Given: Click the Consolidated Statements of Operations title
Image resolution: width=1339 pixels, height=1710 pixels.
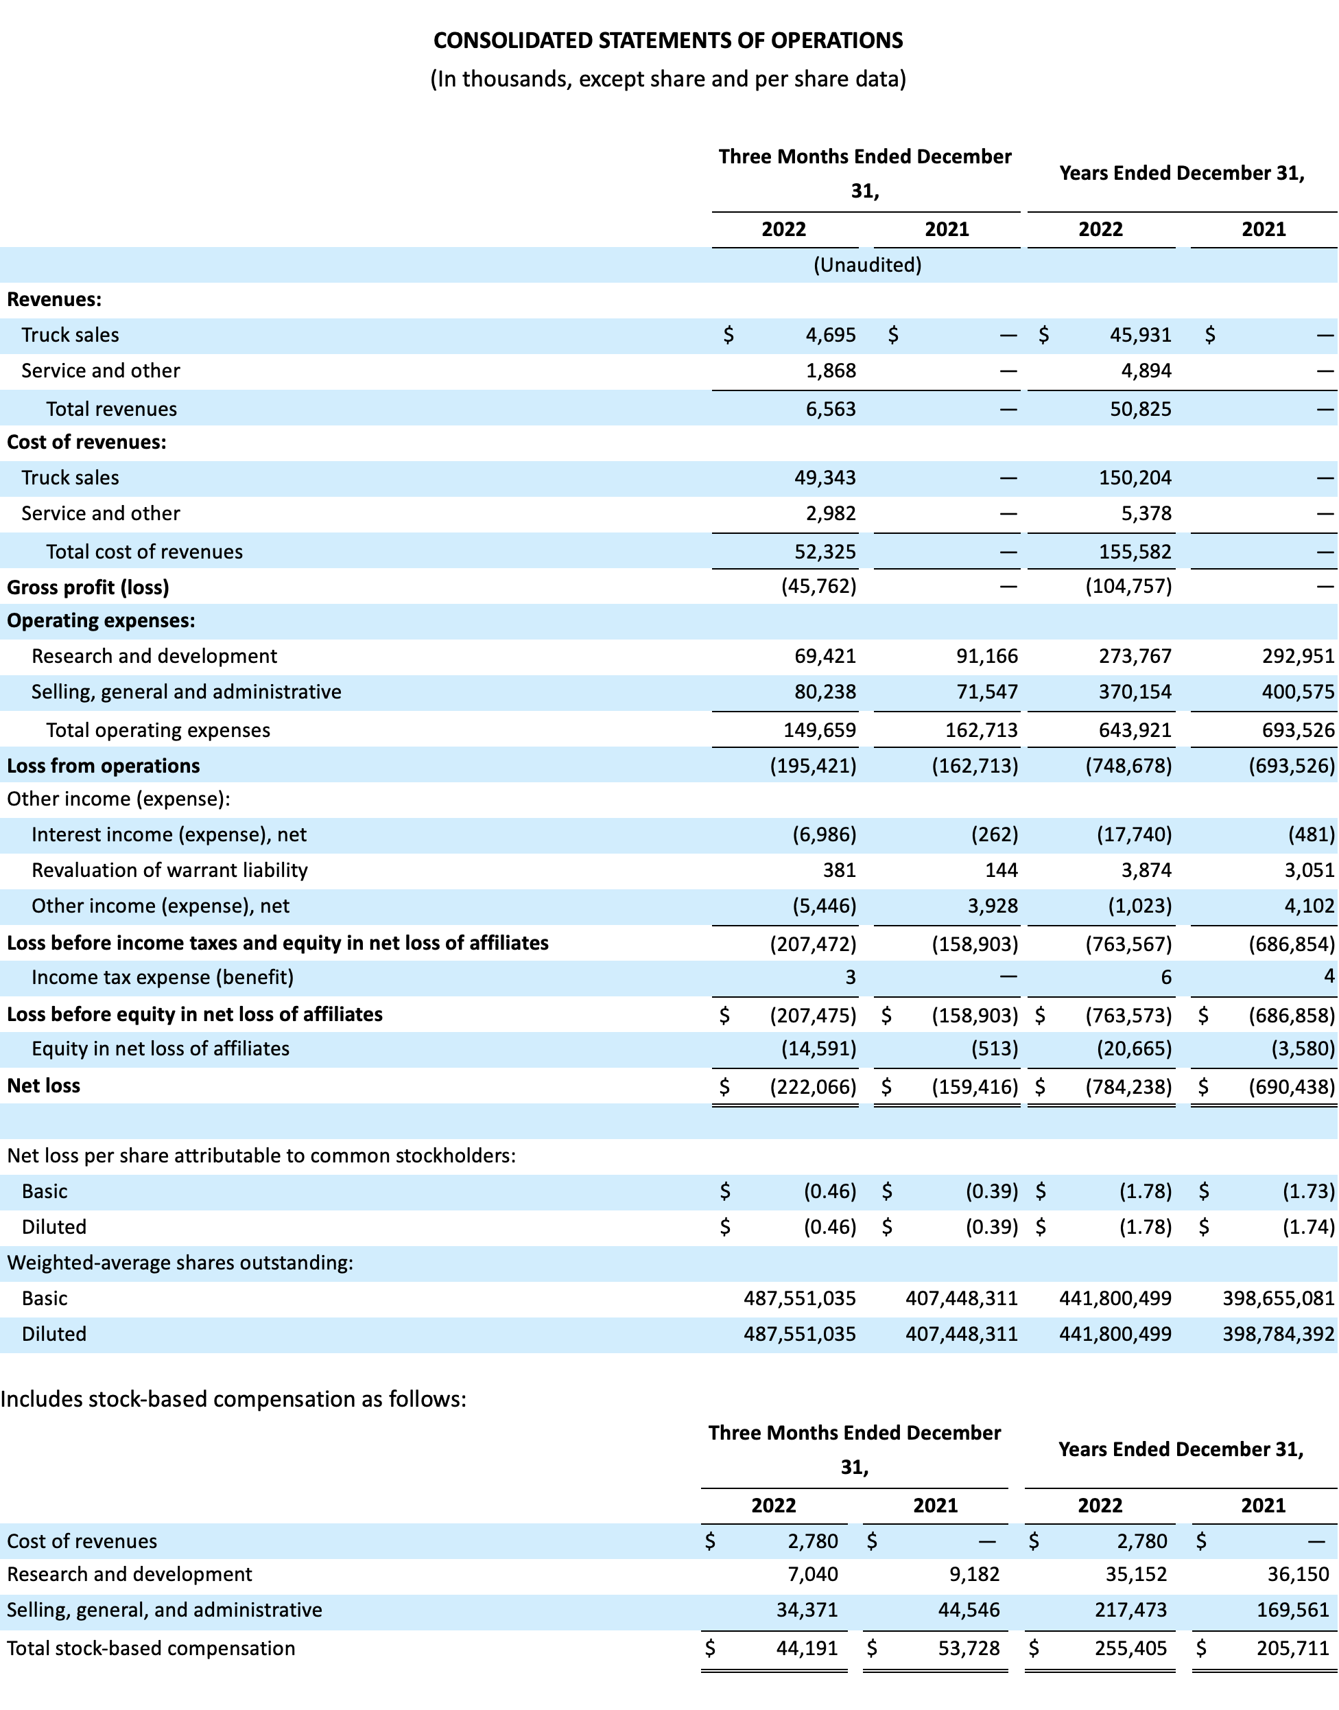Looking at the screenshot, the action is coord(668,40).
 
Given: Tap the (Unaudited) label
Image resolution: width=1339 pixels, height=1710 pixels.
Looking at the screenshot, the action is coord(867,265).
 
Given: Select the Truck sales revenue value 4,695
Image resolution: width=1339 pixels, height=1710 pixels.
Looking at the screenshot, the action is coord(831,335).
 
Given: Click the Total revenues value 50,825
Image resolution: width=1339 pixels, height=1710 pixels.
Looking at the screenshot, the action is coord(1141,408).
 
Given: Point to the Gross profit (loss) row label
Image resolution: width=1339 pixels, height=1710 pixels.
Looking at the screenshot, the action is coord(88,587).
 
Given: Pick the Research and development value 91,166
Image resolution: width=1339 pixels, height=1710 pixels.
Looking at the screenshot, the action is coord(987,655).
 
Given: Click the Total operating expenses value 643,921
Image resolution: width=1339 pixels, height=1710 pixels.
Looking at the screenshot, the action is coord(1135,730).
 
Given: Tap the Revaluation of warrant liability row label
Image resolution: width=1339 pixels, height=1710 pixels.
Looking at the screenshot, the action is coord(169,870).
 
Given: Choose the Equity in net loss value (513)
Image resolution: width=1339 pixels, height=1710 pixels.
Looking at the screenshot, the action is coord(995,1049).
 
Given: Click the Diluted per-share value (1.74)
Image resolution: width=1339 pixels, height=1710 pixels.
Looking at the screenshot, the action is coord(1308,1227).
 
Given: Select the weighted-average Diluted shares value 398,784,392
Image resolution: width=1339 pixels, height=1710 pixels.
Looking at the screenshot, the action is coord(1279,1334).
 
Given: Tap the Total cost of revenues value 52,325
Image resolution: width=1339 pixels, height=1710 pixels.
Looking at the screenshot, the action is coord(825,551).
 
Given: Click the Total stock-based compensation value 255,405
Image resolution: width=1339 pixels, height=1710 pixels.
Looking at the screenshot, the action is coord(1130,1648).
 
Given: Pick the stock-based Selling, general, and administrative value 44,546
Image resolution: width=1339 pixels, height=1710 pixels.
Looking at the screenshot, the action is coord(969,1610).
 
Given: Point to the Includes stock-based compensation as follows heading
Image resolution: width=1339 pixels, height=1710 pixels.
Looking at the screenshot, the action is coord(234,1398).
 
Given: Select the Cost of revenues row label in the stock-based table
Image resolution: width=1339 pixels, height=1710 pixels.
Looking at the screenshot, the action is coord(82,1541).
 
